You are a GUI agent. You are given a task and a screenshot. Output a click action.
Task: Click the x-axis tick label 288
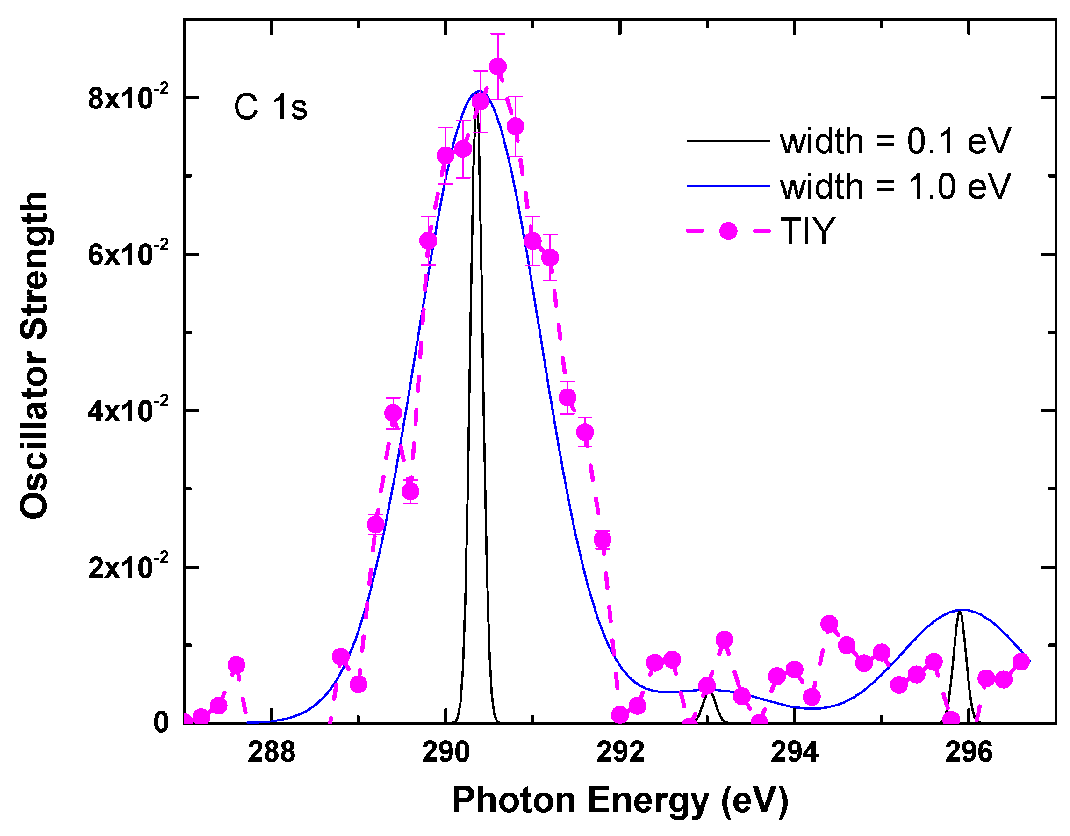[x=272, y=752]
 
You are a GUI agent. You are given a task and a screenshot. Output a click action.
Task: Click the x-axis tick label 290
[x=445, y=752]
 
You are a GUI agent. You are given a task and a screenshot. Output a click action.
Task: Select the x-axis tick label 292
[x=620, y=752]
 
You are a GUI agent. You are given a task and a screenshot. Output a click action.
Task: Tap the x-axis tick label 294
[x=794, y=752]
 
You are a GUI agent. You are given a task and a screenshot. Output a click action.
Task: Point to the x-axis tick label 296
[x=969, y=752]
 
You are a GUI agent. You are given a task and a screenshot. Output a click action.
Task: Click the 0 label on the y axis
[x=161, y=722]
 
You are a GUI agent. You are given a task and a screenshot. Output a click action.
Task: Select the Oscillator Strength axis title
[x=34, y=355]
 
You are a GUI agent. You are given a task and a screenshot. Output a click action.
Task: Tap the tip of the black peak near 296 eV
[x=960, y=613]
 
